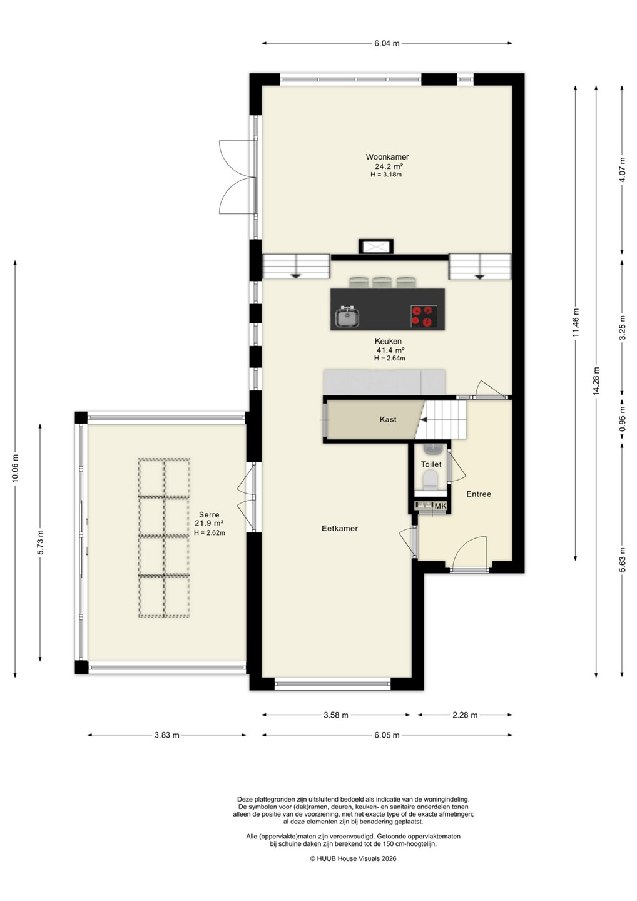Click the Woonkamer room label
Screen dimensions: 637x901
coord(387,157)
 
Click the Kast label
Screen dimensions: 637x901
coord(388,419)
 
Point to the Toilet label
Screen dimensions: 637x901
coord(431,464)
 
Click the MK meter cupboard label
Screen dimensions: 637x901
coord(441,506)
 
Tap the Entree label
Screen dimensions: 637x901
coord(479,494)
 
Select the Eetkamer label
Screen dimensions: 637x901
coord(339,529)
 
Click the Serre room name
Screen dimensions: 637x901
coord(209,514)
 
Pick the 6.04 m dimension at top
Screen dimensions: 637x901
coord(387,43)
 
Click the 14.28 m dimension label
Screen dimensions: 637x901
coord(596,381)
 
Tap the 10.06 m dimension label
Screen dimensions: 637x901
coord(15,468)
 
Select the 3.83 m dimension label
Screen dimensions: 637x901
coord(167,735)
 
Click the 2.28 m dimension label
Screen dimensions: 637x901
coord(465,715)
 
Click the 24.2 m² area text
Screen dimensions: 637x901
coord(387,166)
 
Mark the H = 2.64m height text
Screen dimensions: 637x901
coord(389,359)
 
